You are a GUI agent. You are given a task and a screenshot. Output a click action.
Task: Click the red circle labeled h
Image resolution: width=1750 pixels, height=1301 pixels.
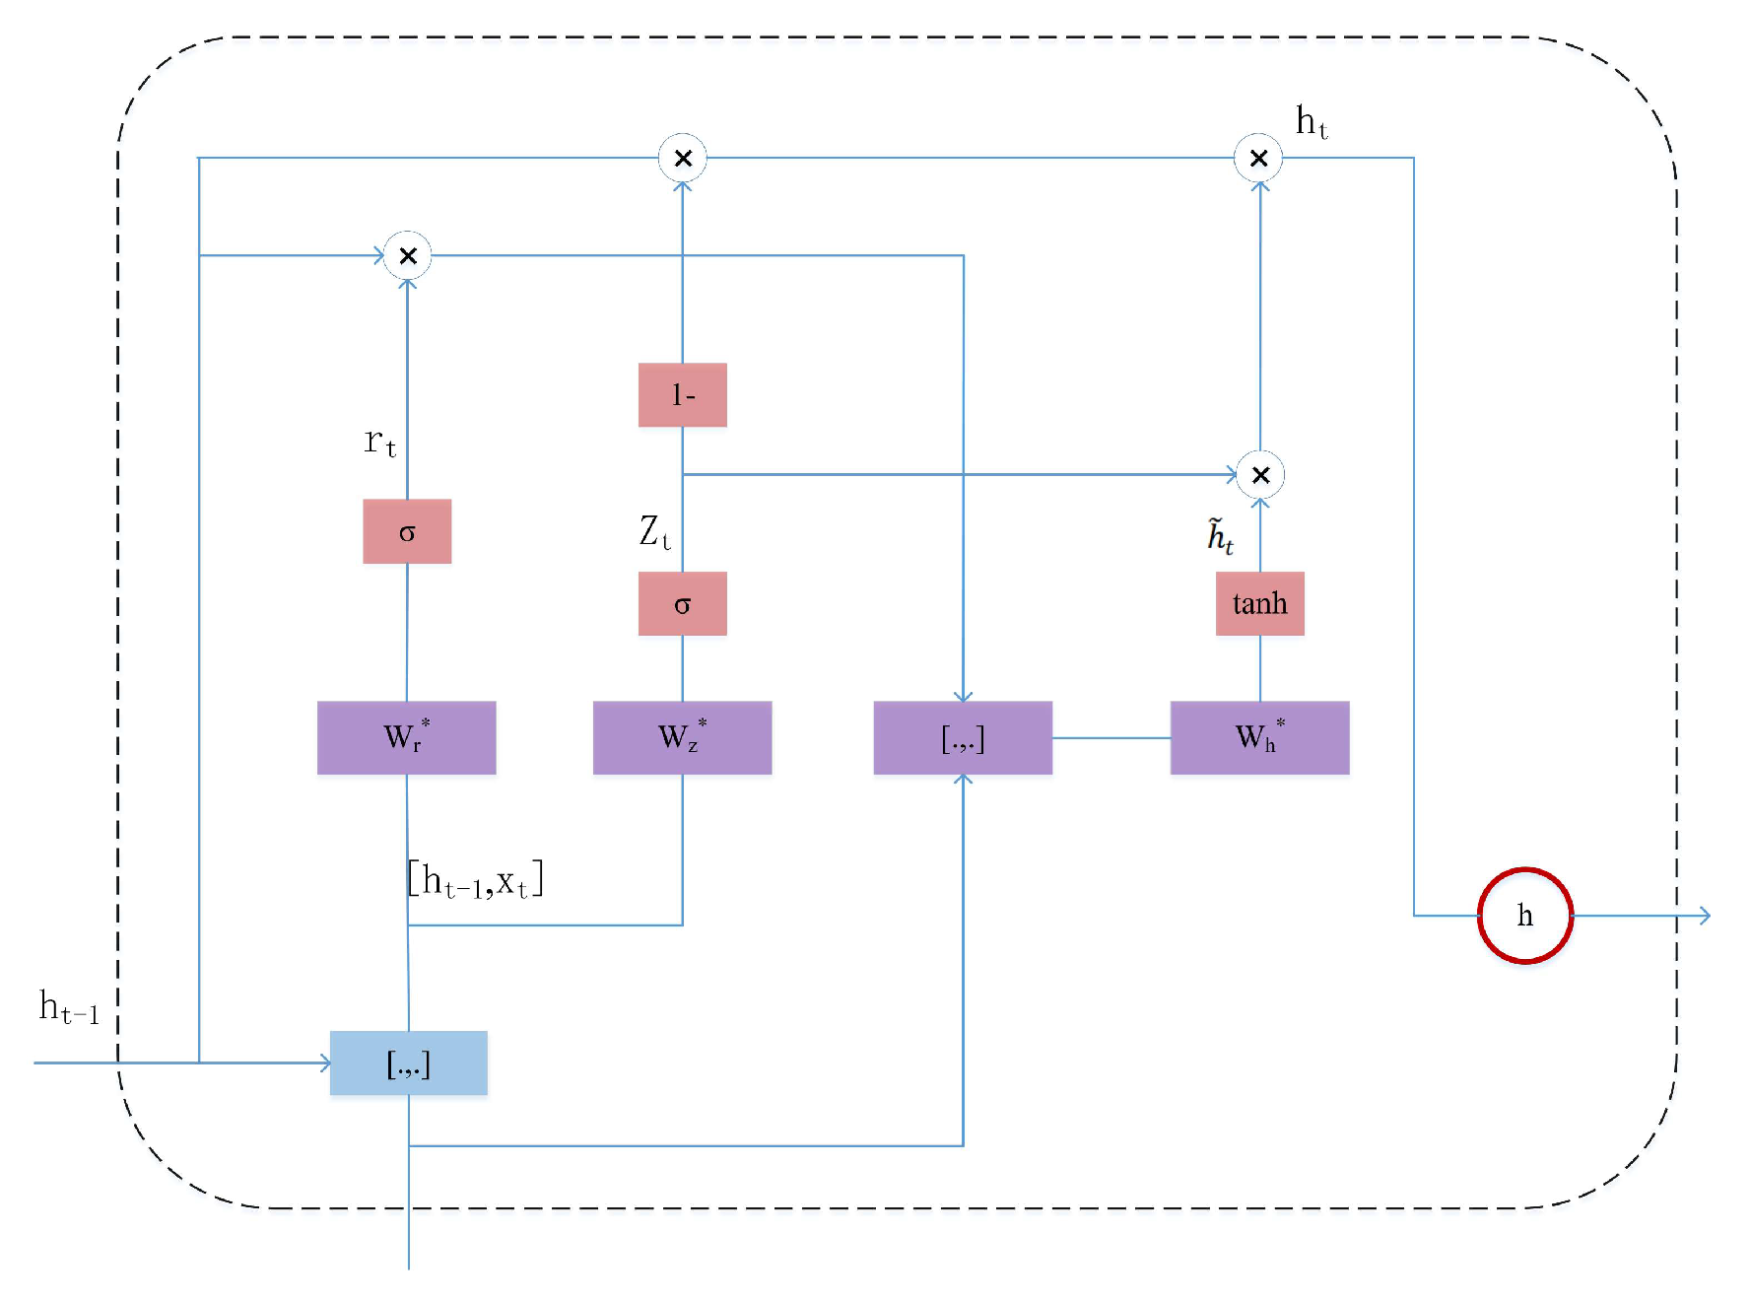(1524, 916)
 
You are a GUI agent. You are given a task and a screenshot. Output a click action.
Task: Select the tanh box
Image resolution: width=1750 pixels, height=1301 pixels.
(1259, 603)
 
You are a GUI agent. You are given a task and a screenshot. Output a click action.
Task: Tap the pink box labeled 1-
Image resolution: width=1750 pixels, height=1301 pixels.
(682, 395)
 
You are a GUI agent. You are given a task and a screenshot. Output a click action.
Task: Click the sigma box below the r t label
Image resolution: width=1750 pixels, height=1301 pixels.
(407, 531)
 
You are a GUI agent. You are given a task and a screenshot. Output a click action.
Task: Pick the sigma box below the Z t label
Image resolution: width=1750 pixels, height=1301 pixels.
(682, 603)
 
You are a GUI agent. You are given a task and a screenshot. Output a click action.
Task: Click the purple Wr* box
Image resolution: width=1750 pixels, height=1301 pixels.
(406, 737)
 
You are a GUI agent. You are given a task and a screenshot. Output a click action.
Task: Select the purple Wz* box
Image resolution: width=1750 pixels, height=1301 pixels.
(682, 737)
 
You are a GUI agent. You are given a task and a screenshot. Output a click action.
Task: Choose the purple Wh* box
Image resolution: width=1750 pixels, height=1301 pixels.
(1259, 737)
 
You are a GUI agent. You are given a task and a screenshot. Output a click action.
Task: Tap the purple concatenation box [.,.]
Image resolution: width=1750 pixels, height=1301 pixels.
(963, 737)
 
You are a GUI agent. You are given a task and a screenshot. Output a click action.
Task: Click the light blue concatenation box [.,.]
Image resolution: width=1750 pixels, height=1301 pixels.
(408, 1062)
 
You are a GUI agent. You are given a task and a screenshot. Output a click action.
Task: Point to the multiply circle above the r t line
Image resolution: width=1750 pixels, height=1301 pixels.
(407, 256)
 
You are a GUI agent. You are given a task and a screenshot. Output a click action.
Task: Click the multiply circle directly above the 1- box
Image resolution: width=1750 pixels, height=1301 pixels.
(682, 158)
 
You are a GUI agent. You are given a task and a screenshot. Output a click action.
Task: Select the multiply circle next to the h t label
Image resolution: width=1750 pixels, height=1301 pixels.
(1258, 158)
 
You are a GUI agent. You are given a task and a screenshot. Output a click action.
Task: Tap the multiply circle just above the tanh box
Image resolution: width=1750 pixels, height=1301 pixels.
(1259, 475)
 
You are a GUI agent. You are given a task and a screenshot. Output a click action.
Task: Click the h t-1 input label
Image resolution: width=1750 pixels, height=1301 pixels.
(69, 1007)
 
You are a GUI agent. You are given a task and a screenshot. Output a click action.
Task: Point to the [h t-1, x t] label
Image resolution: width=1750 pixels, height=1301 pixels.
(475, 879)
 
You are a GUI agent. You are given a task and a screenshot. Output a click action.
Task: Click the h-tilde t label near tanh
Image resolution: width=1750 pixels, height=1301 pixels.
(1220, 536)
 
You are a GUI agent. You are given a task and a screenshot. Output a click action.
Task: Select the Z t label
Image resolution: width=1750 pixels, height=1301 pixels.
(654, 532)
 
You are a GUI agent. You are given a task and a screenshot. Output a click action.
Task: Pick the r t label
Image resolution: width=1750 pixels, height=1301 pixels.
(379, 441)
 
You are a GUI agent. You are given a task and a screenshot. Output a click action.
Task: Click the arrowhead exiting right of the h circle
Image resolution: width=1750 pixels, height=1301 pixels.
(1706, 916)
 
